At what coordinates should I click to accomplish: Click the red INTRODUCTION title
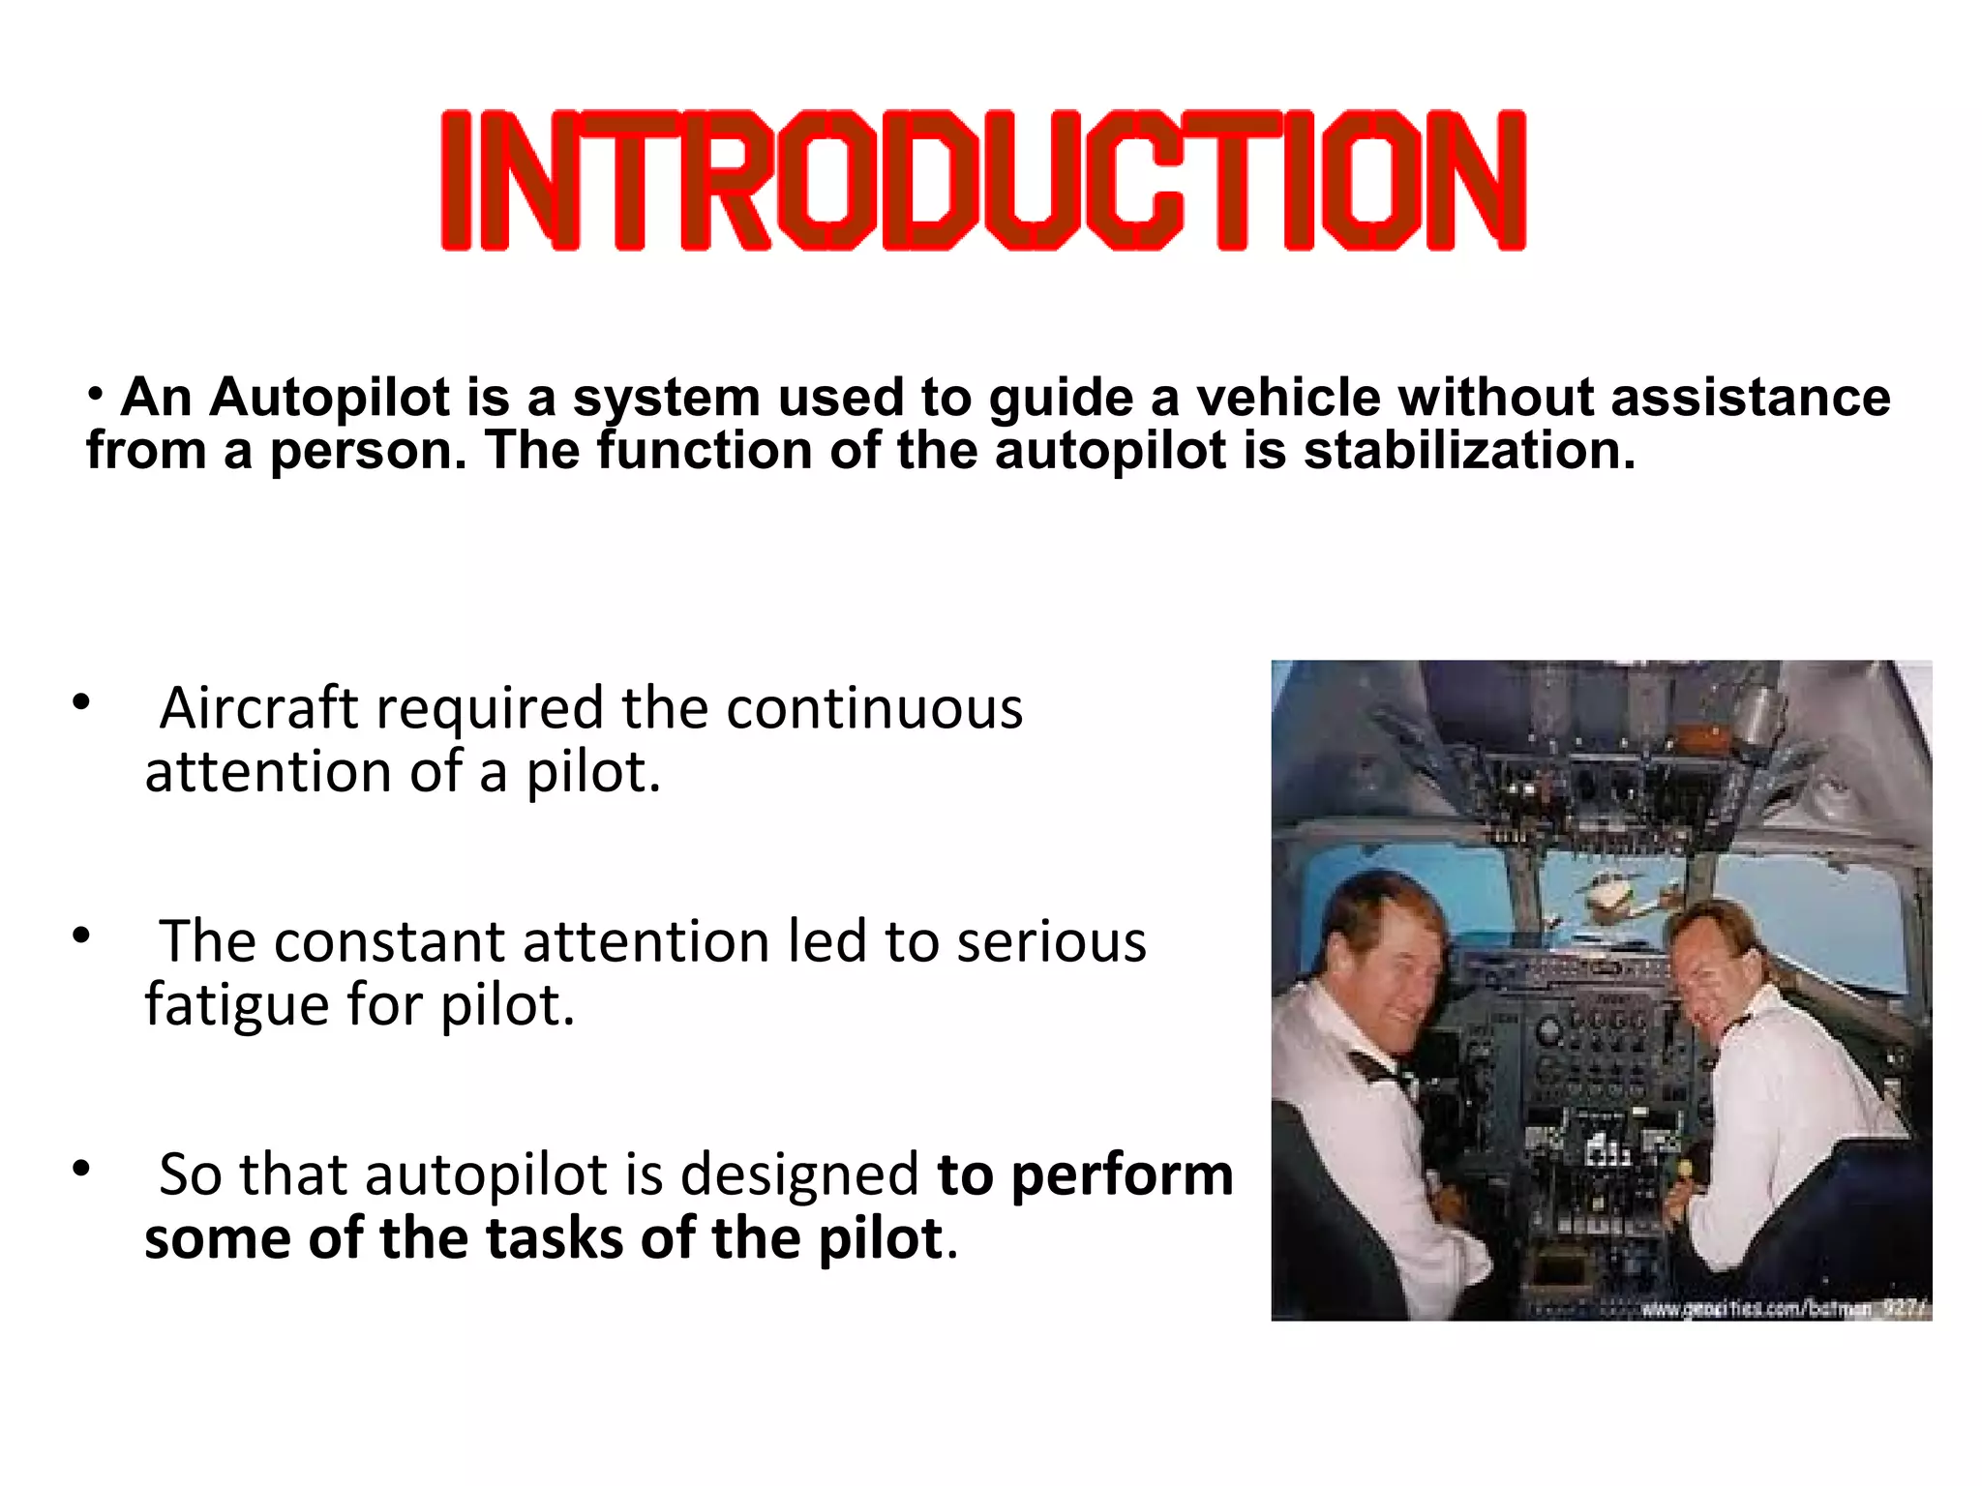(x=982, y=181)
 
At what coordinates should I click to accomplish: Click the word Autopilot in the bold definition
(x=330, y=398)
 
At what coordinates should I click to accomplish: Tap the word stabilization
(x=1468, y=451)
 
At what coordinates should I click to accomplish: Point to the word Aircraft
(x=258, y=708)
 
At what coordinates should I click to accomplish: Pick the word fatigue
(x=236, y=1004)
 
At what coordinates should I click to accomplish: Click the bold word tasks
(x=555, y=1238)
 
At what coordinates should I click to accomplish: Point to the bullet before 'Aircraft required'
(x=81, y=702)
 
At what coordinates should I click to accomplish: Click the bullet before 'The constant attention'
(x=81, y=936)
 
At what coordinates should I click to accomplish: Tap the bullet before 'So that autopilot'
(x=81, y=1169)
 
